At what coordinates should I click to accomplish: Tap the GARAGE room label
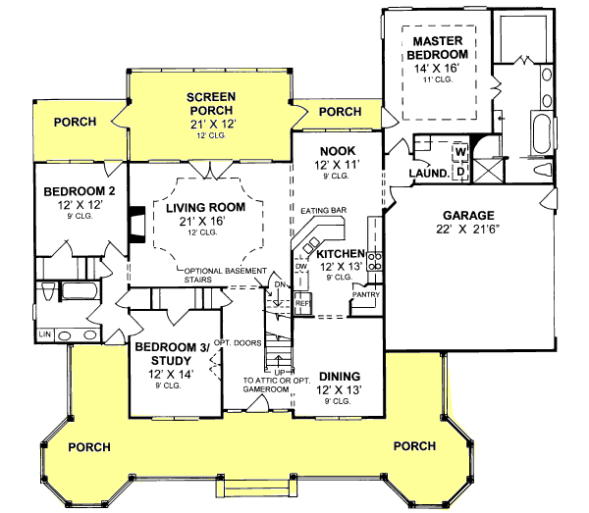pyautogui.click(x=466, y=215)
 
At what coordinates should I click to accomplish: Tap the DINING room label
pyautogui.click(x=338, y=376)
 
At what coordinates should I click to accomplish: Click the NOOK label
pyautogui.click(x=336, y=151)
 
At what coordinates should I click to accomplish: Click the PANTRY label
pyautogui.click(x=365, y=293)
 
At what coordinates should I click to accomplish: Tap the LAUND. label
pyautogui.click(x=429, y=174)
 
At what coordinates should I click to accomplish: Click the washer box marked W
pyautogui.click(x=458, y=153)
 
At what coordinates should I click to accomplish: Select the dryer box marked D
pyautogui.click(x=458, y=171)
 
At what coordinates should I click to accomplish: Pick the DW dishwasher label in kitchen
pyautogui.click(x=300, y=267)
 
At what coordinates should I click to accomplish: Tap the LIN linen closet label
pyautogui.click(x=44, y=334)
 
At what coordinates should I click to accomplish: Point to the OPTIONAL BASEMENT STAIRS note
pyautogui.click(x=224, y=274)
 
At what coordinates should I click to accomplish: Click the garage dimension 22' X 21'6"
pyautogui.click(x=466, y=231)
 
